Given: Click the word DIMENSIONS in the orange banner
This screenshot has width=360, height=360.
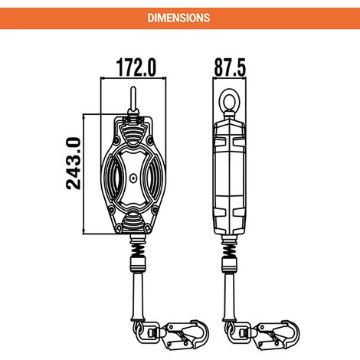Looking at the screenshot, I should tap(179, 15).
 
